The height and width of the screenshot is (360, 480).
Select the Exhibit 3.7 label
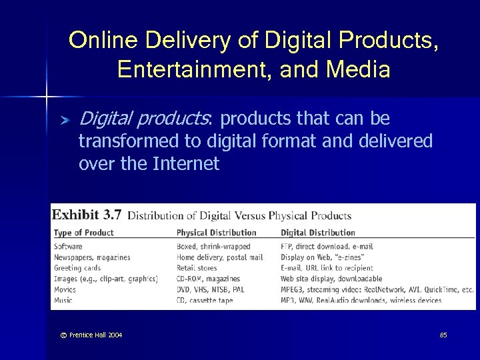87,215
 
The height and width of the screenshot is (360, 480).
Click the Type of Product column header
83,233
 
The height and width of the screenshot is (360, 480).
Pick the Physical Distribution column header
216,233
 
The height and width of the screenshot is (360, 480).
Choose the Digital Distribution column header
317,233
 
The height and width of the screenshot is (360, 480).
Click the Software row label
68,247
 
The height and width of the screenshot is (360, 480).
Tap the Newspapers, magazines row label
92,257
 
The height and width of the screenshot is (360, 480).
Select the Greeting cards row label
77,268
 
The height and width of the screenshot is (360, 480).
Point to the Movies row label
65,290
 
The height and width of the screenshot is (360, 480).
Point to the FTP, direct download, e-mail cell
327,247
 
